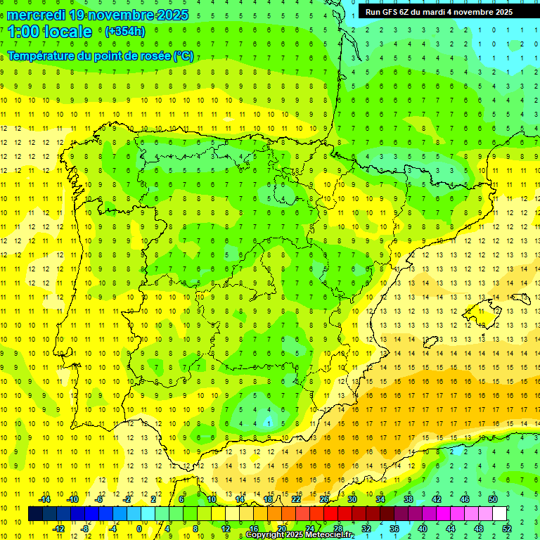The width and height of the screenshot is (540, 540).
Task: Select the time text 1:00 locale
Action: (x=50, y=32)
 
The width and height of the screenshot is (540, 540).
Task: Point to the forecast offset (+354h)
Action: (x=125, y=32)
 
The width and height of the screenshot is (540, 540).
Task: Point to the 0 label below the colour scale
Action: (x=139, y=529)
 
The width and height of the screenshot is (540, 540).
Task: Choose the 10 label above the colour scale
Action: (x=212, y=499)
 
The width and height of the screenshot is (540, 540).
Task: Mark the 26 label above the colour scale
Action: (x=324, y=499)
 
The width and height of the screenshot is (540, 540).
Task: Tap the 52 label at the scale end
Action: (x=507, y=529)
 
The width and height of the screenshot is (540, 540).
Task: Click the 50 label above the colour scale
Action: (x=493, y=499)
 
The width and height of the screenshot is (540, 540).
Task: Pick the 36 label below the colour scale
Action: (x=394, y=529)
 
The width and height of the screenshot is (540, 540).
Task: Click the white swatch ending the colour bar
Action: (x=499, y=514)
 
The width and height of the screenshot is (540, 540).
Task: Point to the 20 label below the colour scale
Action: (x=282, y=529)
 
